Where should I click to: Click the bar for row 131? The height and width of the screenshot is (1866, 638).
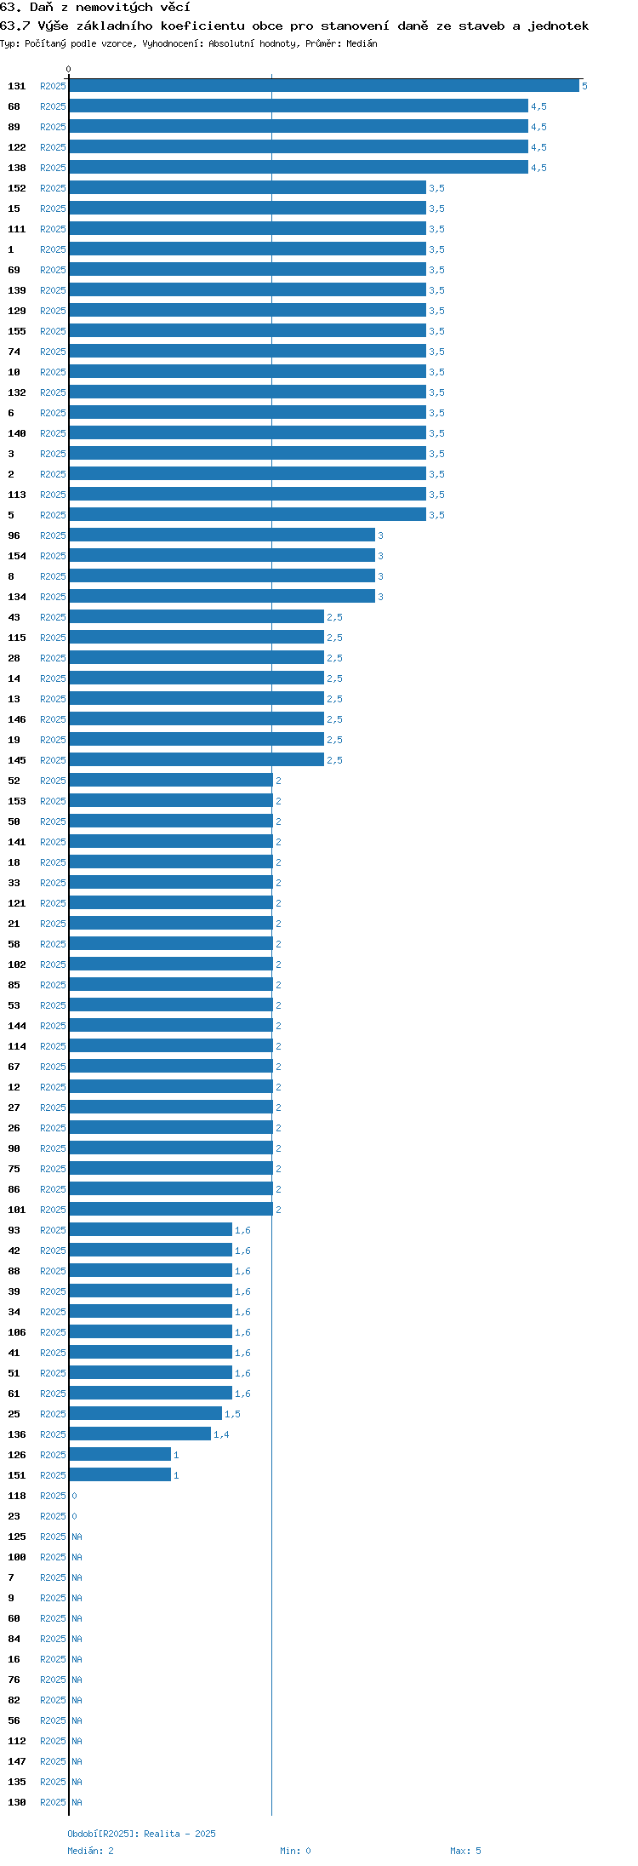324,86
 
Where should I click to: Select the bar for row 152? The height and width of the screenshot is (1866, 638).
248,188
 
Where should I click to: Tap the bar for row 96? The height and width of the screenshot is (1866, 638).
222,535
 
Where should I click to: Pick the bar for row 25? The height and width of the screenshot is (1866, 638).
145,1414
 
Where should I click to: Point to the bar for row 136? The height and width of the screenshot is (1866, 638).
140,1434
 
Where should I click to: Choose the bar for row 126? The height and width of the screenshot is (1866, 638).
120,1455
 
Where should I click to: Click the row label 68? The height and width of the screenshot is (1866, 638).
14,106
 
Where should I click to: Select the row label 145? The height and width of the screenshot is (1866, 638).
17,760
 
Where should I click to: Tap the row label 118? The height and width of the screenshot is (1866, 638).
17,1496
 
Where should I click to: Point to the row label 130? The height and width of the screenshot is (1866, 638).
17,1802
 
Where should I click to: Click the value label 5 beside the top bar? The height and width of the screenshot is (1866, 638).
584,86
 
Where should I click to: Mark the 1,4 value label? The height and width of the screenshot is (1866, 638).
221,1434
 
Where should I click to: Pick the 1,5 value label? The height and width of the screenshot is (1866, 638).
232,1414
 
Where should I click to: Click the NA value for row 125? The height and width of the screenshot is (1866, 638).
77,1537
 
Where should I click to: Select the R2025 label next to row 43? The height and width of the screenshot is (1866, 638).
53,617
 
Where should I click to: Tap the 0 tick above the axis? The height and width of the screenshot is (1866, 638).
69,69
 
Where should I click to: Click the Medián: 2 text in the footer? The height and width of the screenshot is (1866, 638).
91,1851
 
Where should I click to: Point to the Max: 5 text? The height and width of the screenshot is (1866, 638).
465,1851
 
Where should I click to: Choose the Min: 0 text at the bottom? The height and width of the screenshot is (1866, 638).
295,1851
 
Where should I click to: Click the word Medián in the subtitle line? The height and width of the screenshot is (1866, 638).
362,43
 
